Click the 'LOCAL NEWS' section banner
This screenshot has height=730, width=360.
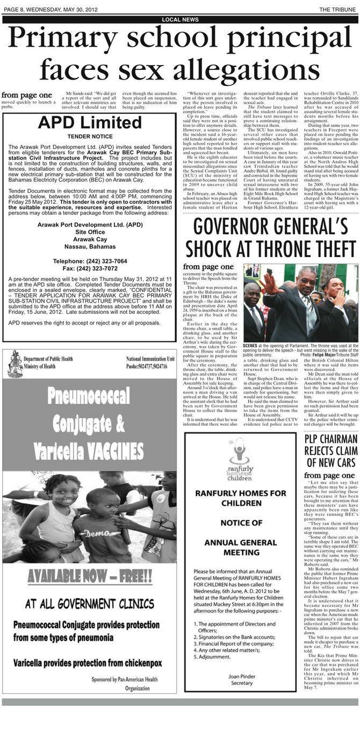point(180,20)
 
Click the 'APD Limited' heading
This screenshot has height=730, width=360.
point(89,123)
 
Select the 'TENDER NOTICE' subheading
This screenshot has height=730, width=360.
point(90,137)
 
